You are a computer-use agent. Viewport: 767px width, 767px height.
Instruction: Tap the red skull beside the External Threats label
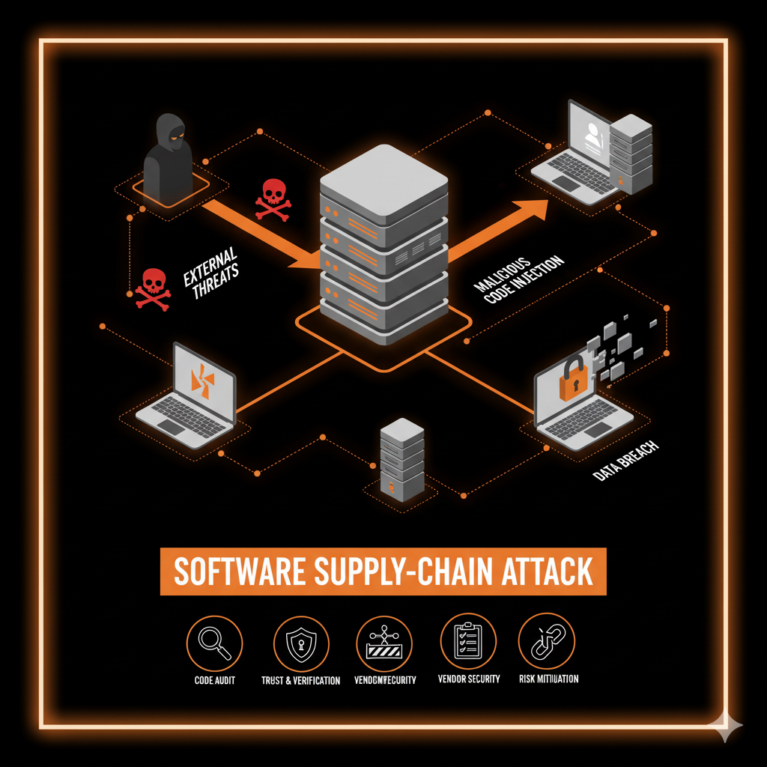click(153, 288)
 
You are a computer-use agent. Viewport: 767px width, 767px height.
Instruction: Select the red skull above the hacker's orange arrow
click(273, 198)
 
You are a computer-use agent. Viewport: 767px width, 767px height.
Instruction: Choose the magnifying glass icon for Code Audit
click(213, 641)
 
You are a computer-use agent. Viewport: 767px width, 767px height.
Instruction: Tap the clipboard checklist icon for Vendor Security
click(467, 641)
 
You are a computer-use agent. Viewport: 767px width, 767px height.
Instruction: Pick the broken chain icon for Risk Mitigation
click(547, 641)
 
